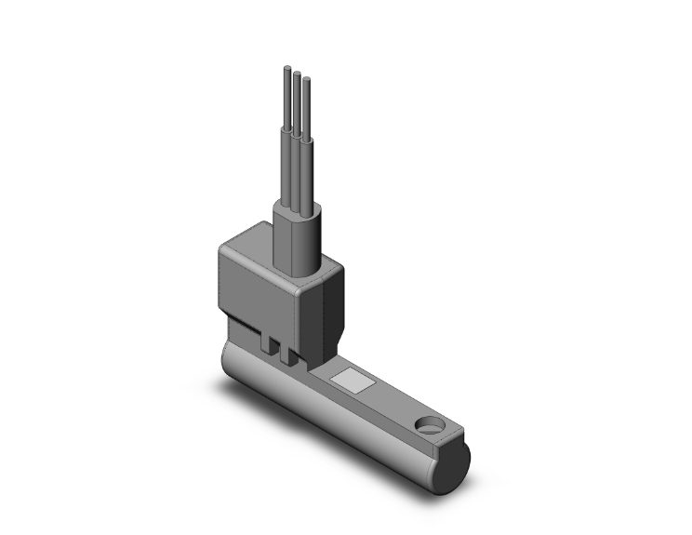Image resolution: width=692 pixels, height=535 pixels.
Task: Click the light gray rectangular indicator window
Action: click(354, 380)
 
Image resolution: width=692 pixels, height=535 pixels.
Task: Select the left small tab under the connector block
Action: click(271, 345)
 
